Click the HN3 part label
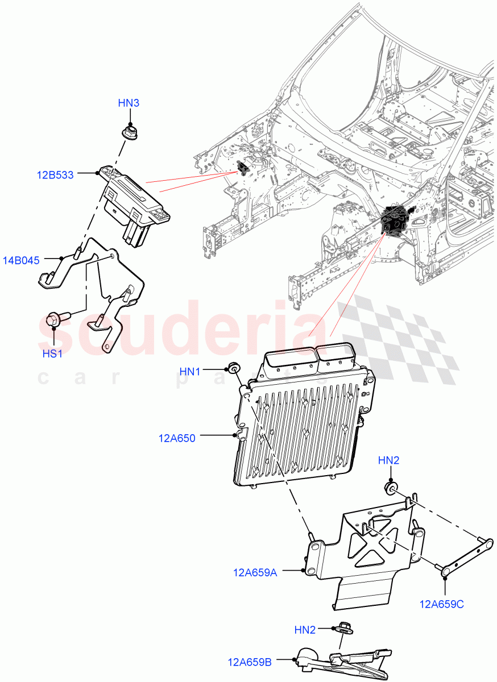(x=129, y=103)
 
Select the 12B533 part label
(x=56, y=175)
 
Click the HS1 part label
(x=52, y=354)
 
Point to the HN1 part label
(x=190, y=371)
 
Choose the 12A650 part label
(x=177, y=438)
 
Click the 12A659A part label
(x=255, y=572)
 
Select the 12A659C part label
(x=442, y=604)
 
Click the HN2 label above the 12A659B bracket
(x=305, y=630)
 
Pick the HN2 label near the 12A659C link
(x=388, y=460)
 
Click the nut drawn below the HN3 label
(x=129, y=133)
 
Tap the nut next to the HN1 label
(x=233, y=368)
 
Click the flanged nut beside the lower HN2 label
(x=343, y=628)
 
